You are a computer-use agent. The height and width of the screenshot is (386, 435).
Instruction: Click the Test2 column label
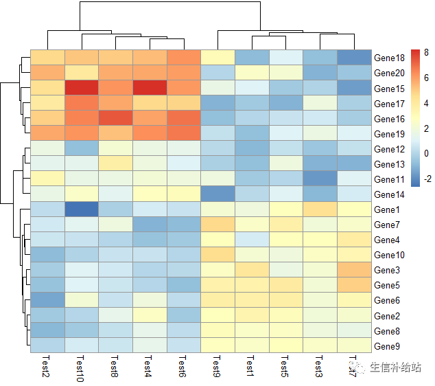click(x=46, y=367)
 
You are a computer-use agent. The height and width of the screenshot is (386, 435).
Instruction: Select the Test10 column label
click(x=80, y=370)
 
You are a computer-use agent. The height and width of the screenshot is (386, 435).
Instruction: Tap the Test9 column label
click(x=217, y=367)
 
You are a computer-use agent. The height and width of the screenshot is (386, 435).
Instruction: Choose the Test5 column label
click(x=285, y=367)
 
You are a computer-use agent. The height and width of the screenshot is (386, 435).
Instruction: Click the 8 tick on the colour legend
click(x=427, y=53)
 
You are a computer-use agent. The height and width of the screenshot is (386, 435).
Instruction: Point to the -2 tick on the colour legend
click(x=427, y=177)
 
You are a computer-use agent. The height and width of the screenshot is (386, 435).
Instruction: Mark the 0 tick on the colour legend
click(x=427, y=152)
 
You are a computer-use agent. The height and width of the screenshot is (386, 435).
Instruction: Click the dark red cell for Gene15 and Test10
click(x=82, y=87)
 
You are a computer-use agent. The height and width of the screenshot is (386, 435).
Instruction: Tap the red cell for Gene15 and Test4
click(x=150, y=87)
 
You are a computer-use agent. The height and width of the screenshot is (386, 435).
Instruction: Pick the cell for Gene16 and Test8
click(x=116, y=117)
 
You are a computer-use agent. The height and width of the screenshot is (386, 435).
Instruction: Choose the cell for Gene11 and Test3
click(x=320, y=178)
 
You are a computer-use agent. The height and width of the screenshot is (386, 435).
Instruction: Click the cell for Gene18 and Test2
click(x=48, y=57)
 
